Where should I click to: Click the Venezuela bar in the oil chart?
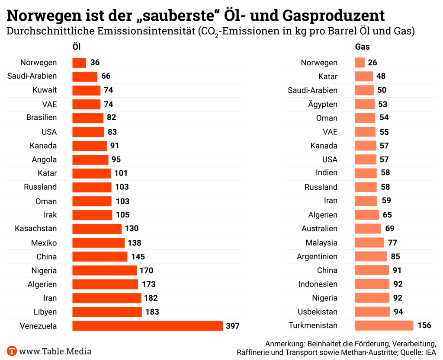(147, 326)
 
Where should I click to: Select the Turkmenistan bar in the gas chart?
(384, 325)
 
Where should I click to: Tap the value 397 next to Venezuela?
(232, 326)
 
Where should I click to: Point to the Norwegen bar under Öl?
(79, 63)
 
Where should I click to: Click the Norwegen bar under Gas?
(360, 63)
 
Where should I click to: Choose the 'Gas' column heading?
(362, 47)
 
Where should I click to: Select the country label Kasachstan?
(35, 229)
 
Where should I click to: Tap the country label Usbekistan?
(318, 312)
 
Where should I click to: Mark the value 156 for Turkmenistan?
(424, 325)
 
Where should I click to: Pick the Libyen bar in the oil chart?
(107, 312)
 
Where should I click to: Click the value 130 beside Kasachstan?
(132, 229)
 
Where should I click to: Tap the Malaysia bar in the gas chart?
(369, 242)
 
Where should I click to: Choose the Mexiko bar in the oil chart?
(98, 243)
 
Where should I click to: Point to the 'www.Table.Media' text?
(55, 352)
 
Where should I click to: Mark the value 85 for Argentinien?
(395, 256)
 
